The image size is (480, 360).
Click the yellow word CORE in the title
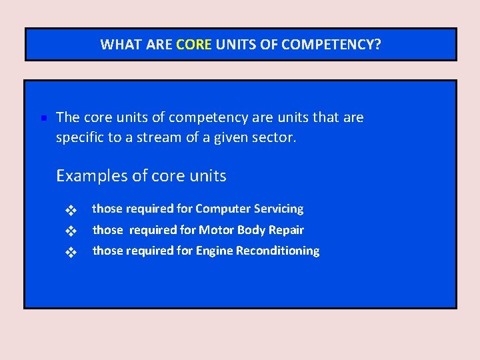click(x=193, y=45)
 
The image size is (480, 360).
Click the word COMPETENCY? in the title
click(x=331, y=45)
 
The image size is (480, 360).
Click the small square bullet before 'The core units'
click(x=41, y=119)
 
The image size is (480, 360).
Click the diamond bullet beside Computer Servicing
click(x=70, y=211)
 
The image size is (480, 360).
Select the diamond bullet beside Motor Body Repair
click(x=70, y=232)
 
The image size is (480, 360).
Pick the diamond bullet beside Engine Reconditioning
click(x=70, y=253)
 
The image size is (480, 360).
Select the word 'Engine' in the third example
click(x=213, y=251)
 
